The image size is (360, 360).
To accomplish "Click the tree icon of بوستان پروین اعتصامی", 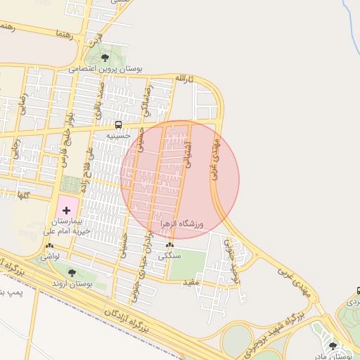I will point(105,58).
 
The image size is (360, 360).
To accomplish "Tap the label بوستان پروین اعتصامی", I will point(105,70).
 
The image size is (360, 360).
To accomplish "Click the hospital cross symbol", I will point(67,210).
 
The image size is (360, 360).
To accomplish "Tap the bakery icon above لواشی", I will point(49,247).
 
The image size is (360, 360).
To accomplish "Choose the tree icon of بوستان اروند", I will point(72,272).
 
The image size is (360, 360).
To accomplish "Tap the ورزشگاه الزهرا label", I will point(181,224).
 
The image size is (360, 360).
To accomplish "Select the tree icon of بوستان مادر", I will point(333,345).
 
